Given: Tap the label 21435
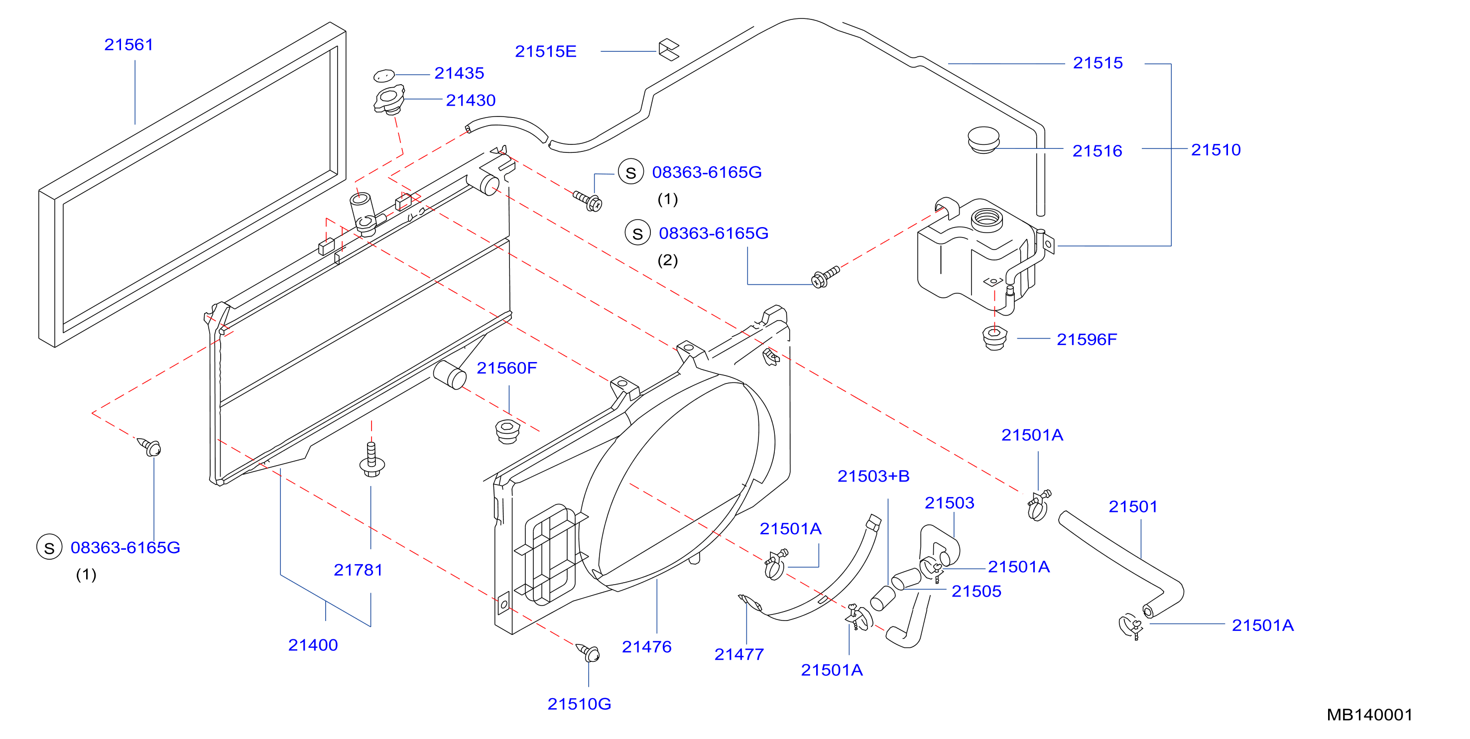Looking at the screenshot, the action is [459, 73].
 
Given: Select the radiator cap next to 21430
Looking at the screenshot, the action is [389, 100].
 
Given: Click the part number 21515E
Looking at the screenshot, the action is [546, 51].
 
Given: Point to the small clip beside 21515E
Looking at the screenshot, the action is [669, 49].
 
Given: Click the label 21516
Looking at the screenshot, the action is [1097, 151].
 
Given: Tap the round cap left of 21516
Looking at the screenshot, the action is [983, 140].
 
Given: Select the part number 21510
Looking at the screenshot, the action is [1216, 149].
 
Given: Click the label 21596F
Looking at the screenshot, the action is [1087, 340].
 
